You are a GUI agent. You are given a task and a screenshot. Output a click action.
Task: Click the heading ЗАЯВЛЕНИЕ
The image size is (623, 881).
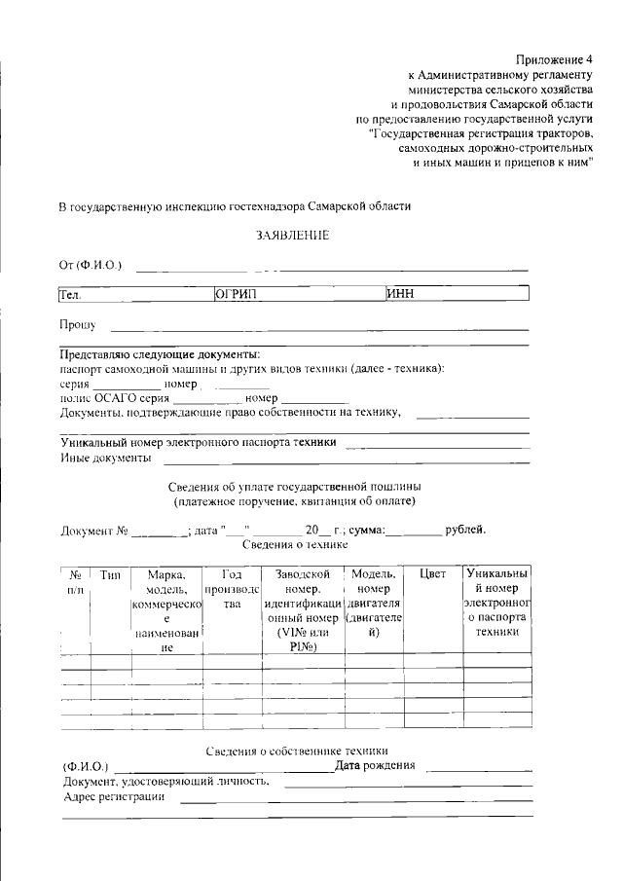pos(292,236)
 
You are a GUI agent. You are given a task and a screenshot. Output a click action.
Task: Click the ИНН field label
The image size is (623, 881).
pos(400,294)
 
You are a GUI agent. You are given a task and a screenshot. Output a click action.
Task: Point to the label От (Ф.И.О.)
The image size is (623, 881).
pos(90,265)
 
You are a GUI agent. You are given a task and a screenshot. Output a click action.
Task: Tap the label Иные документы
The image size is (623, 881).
pos(105,457)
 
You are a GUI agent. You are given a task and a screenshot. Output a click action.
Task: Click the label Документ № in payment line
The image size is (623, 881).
pos(94,531)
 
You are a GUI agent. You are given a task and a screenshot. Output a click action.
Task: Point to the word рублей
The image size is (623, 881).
pos(464,530)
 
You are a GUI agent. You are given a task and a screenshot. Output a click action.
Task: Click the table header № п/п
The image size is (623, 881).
pos(74,582)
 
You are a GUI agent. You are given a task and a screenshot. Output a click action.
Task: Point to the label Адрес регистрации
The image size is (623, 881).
pos(113,796)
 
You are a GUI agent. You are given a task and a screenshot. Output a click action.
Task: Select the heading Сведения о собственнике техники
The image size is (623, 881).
pos(298,751)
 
